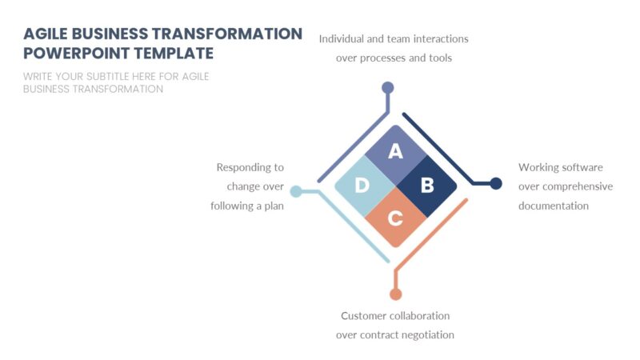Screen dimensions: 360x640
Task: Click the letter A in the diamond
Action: coord(395,151)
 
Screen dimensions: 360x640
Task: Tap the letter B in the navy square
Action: coord(427,186)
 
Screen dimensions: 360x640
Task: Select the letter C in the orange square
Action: coord(395,218)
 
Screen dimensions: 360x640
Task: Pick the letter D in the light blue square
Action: coord(362,186)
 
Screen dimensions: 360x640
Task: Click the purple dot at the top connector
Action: coord(388,87)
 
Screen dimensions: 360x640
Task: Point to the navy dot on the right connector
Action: coord(496,183)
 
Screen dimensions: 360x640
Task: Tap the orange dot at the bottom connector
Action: coord(395,294)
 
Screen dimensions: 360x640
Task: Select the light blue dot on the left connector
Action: coord(296,191)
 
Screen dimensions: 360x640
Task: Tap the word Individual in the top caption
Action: coord(342,38)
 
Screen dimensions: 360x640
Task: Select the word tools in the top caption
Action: coord(438,58)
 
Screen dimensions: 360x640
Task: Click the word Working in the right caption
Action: coord(538,167)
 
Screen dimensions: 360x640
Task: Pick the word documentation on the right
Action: coord(554,206)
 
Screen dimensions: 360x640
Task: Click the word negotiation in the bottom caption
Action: coord(425,334)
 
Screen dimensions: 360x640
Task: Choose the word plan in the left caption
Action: coord(274,206)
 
